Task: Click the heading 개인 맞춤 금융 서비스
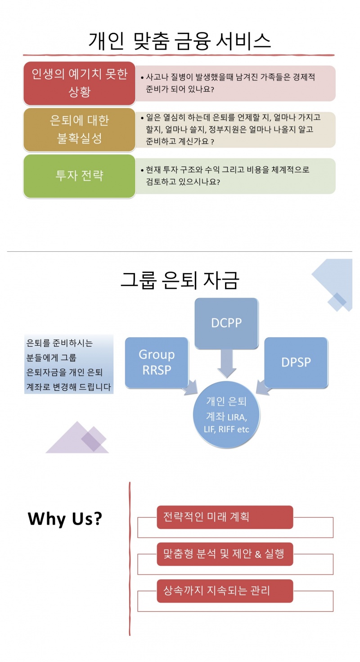click(180, 41)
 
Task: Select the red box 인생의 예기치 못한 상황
click(79, 83)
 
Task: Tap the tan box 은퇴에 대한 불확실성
click(79, 130)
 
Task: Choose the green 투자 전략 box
click(79, 175)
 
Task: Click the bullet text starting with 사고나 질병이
click(229, 83)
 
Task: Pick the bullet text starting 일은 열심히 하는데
click(232, 130)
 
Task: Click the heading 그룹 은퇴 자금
click(180, 280)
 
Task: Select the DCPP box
click(226, 322)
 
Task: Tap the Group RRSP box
click(156, 362)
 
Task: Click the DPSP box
click(296, 362)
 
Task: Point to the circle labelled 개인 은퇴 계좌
click(227, 414)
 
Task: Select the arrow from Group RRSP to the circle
click(190, 388)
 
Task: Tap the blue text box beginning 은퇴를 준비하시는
click(69, 365)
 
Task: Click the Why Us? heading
click(65, 519)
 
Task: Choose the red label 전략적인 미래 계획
click(225, 517)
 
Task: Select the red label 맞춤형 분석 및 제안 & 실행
click(225, 554)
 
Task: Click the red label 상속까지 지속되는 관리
click(225, 590)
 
